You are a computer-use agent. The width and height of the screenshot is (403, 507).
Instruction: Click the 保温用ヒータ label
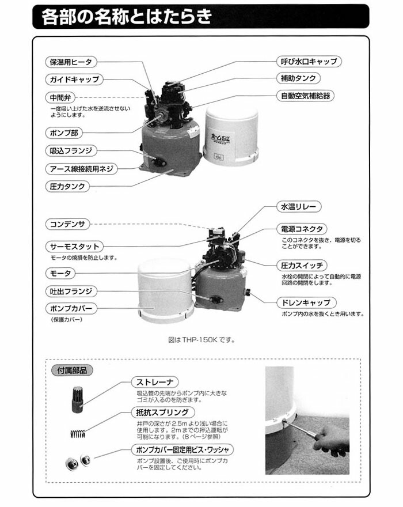71,62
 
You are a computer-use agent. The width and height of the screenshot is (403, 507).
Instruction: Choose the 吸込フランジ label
71,152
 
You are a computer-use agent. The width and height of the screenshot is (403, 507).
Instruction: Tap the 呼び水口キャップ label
308,61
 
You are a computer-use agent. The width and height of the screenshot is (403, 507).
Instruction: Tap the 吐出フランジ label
71,292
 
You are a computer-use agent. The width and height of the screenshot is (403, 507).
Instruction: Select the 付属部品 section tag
71,370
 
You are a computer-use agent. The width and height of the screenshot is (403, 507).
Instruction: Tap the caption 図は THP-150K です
200,340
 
